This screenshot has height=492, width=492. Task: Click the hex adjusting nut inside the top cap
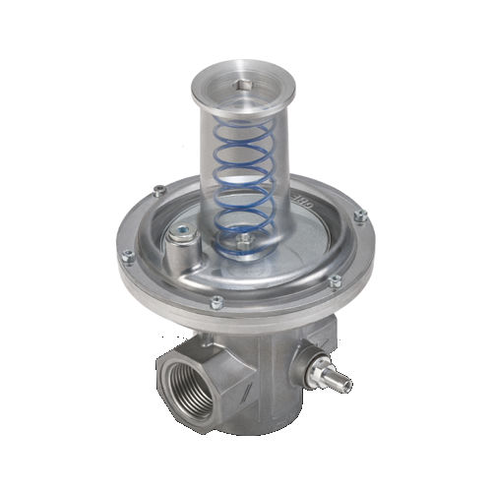click(244, 87)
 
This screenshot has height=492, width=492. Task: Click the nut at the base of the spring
click(243, 239)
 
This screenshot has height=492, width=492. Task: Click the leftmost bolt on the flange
click(127, 257)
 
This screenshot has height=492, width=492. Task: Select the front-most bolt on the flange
click(216, 303)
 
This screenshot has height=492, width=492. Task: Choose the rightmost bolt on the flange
click(360, 215)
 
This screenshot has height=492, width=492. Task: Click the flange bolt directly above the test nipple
click(335, 281)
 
